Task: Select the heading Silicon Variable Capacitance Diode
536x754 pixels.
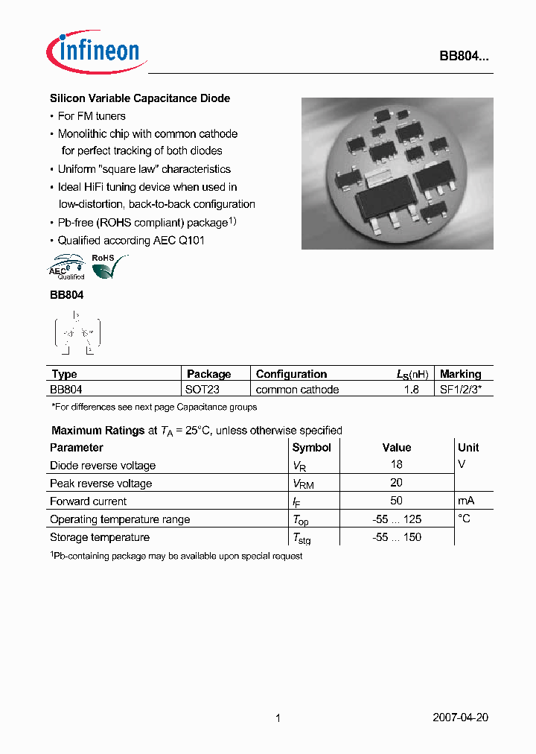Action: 140,98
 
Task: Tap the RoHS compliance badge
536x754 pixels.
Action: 109,267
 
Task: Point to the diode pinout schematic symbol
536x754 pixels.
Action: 77,332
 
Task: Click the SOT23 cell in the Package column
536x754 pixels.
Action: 202,390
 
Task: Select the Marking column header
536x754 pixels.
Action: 461,374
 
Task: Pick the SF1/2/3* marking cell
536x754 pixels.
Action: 462,390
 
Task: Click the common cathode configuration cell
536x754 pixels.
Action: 297,390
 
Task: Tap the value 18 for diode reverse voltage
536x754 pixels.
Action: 396,465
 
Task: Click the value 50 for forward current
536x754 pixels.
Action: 396,501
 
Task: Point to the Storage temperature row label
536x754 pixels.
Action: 100,537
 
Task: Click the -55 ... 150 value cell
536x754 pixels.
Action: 397,537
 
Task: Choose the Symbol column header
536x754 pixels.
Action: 312,448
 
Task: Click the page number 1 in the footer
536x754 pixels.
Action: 278,718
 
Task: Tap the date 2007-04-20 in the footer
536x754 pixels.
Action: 460,718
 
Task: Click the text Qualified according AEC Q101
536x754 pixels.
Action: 131,241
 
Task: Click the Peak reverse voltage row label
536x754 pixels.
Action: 100,484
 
